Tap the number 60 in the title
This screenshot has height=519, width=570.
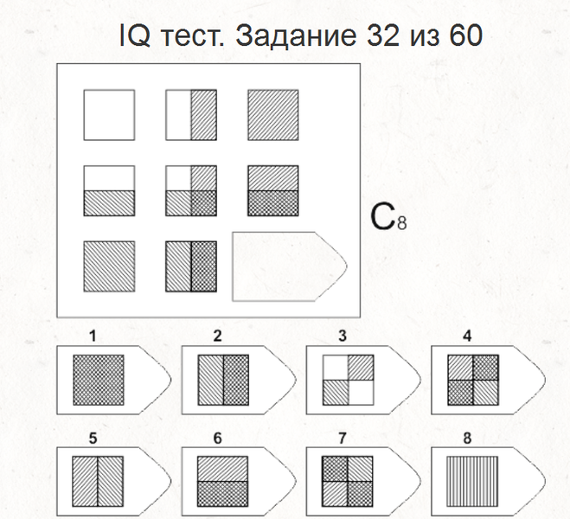pos(466,35)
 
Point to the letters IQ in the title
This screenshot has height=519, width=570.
pos(135,35)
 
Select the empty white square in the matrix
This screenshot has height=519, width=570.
pos(109,115)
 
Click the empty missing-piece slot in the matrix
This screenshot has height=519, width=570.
pos(290,266)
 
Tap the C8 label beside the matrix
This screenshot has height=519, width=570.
pos(388,217)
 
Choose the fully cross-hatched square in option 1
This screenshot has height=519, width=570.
pos(99,380)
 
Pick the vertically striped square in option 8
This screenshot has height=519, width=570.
pos(472,482)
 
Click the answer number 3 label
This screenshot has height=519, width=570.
pos(342,336)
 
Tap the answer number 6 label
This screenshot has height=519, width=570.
pos(217,439)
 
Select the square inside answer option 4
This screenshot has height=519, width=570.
pos(473,380)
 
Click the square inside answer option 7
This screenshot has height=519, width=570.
pos(348,482)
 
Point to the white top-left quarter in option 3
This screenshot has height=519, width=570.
pos(336,368)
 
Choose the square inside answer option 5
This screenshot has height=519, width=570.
pos(98,482)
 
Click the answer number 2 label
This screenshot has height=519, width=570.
pos(217,336)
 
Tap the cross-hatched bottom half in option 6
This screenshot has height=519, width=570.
pos(223,494)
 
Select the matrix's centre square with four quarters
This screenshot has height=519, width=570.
pos(191,191)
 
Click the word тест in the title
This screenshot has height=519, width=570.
pos(192,36)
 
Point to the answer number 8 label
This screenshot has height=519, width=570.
pos(467,439)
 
